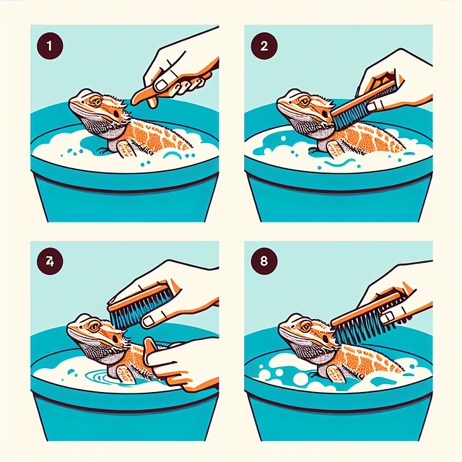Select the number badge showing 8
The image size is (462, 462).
[262, 261]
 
